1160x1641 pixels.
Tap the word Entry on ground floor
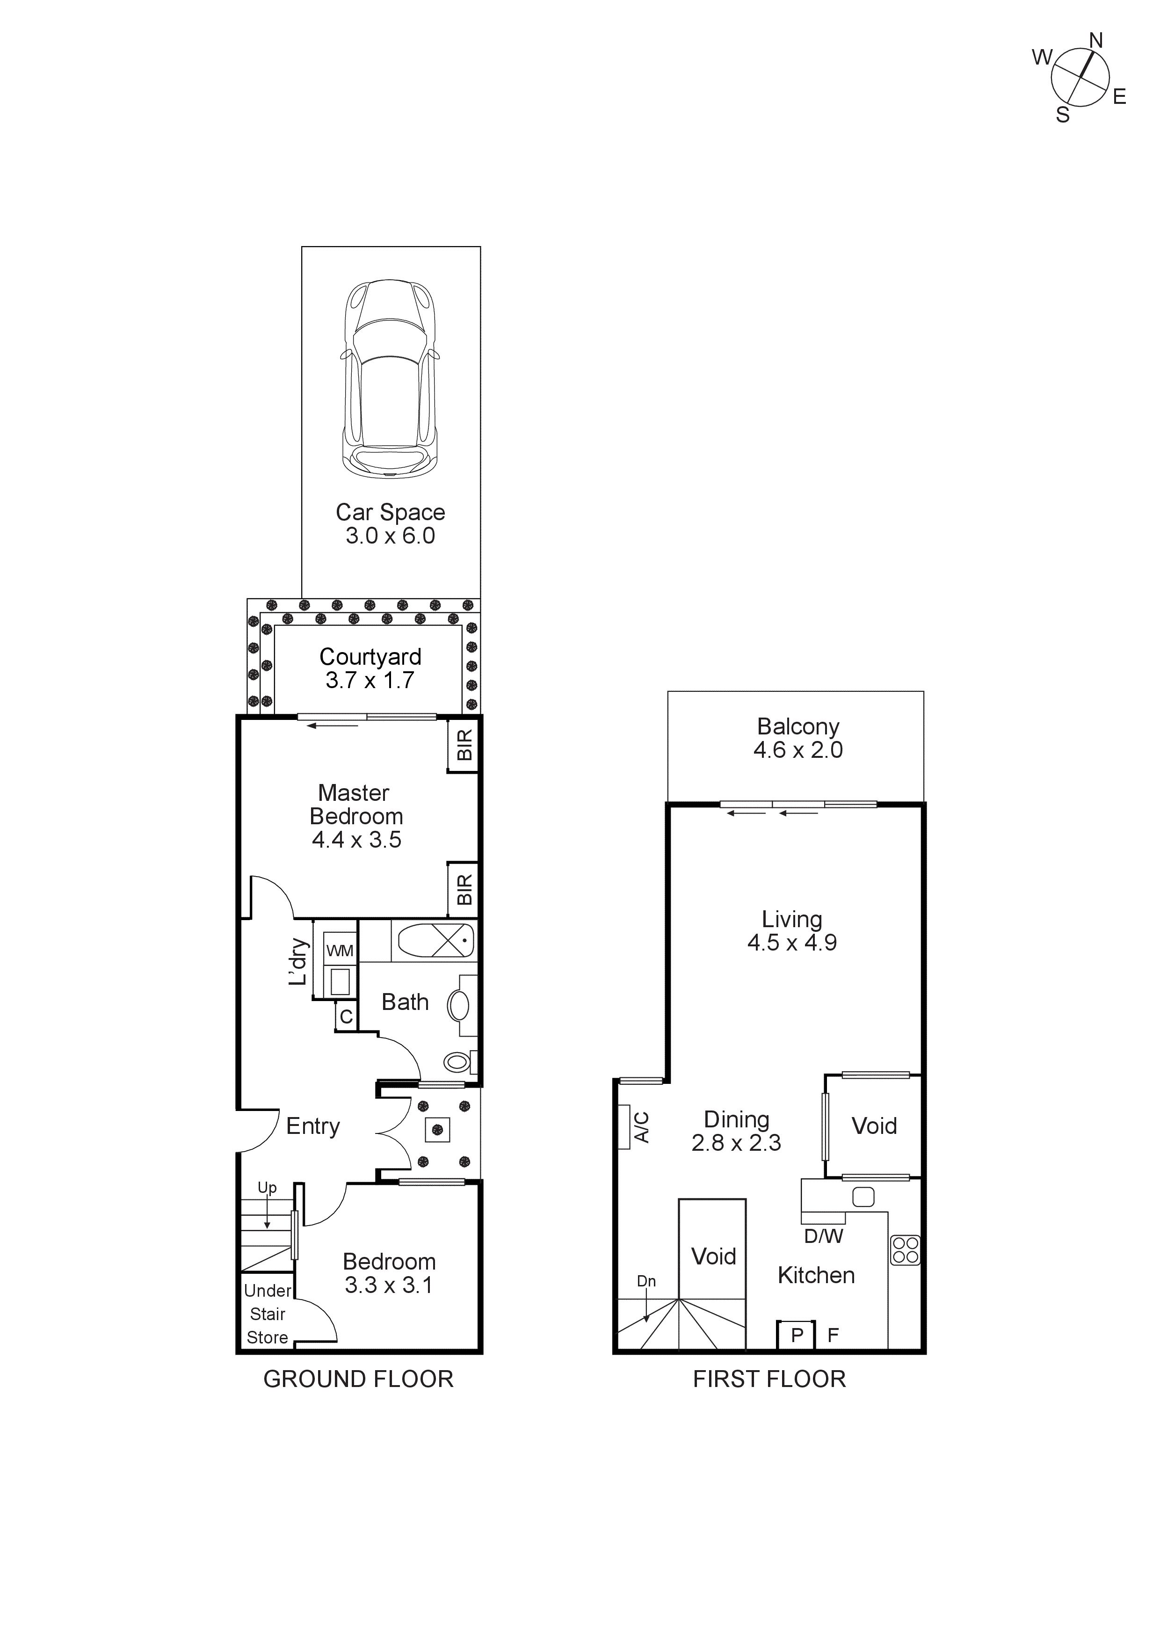(312, 1126)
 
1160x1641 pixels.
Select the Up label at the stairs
(267, 1187)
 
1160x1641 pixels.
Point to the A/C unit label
(642, 1127)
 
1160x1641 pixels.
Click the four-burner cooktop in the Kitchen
(905, 1250)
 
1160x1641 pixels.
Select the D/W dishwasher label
(823, 1236)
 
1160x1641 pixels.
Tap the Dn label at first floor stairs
(646, 1281)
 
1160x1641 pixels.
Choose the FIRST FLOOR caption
(769, 1379)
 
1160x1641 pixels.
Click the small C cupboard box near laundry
(346, 1017)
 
